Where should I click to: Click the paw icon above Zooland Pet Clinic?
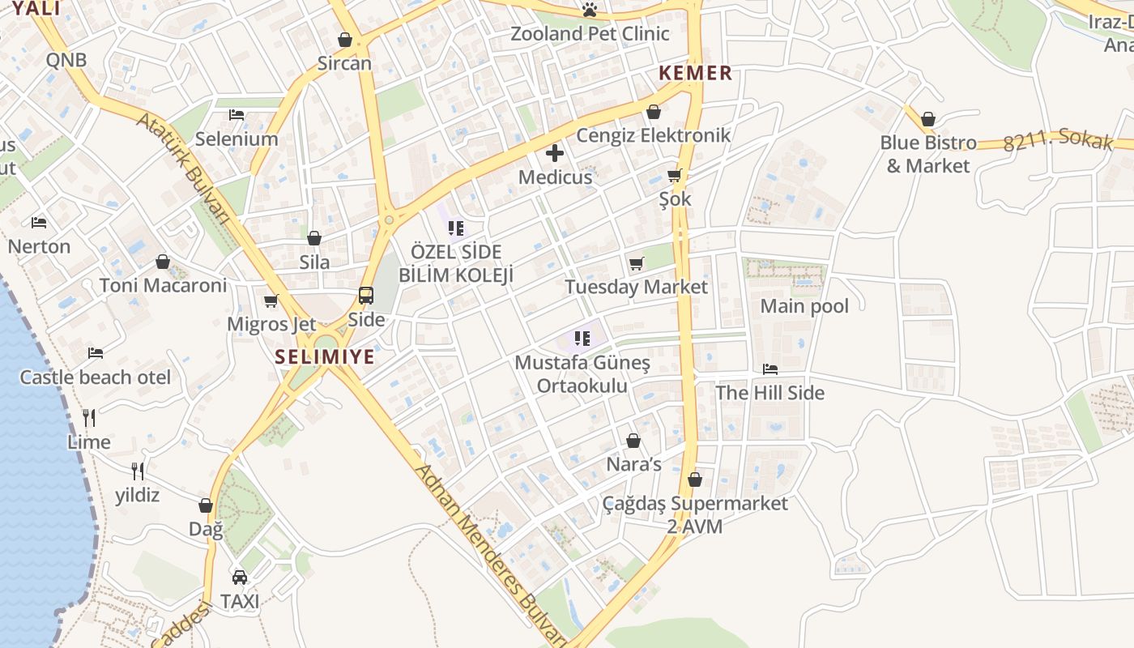pos(590,10)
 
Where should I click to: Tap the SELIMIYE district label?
pos(325,356)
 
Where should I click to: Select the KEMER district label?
pos(695,73)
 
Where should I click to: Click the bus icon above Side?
pos(366,296)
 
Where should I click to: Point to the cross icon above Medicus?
pos(555,153)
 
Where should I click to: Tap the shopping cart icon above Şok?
pos(675,176)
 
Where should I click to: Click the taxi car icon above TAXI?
pos(240,578)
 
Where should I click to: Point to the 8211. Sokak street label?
pos(1058,141)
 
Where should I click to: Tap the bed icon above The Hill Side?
pos(770,369)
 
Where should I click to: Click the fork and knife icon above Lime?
pos(89,418)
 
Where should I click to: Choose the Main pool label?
pos(804,306)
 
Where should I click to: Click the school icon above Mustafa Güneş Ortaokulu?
pos(582,338)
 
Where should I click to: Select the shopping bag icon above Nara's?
pos(633,441)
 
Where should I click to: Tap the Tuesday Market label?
pos(636,287)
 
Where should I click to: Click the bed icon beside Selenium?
pos(237,115)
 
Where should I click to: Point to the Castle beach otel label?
pos(96,377)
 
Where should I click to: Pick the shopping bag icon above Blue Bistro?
pos(928,119)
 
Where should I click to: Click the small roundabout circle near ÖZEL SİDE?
pos(390,220)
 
